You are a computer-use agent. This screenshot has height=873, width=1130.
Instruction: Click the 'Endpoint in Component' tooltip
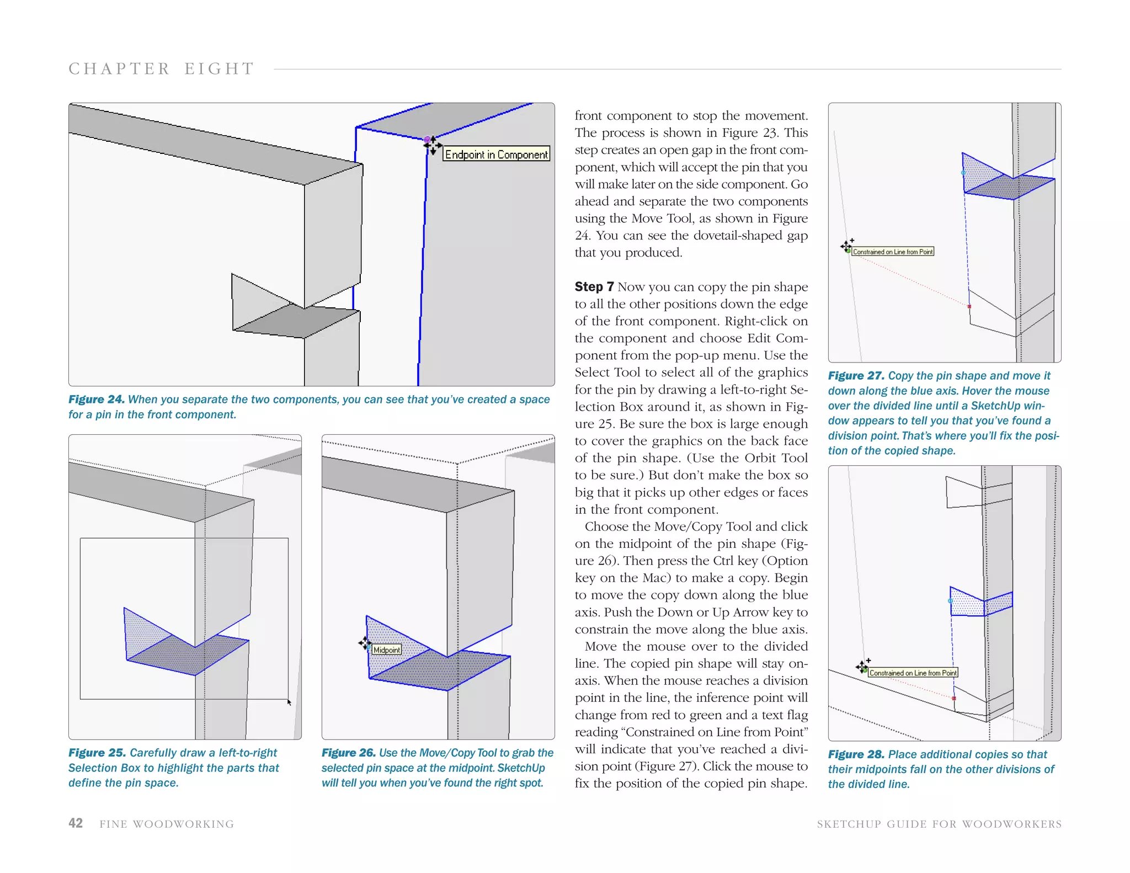[x=496, y=154]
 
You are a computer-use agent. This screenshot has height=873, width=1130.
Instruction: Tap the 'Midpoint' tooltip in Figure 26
[x=386, y=650]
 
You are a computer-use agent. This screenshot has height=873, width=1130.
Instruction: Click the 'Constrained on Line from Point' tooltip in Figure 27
[x=893, y=252]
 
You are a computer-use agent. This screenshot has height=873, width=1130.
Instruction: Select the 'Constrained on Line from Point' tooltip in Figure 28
[x=913, y=673]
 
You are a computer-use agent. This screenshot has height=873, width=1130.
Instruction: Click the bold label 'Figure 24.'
[x=96, y=400]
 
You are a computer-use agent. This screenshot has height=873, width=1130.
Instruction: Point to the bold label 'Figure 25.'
[x=97, y=753]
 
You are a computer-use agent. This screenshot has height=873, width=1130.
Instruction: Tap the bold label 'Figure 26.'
[x=349, y=753]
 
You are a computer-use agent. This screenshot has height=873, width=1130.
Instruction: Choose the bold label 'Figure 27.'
[x=856, y=376]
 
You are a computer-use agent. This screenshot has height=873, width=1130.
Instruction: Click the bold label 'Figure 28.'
[x=856, y=754]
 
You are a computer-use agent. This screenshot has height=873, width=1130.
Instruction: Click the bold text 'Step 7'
[x=594, y=287]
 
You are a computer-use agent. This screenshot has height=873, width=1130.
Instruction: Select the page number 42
[x=76, y=823]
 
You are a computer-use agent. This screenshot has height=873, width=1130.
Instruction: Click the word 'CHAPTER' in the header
[x=119, y=69]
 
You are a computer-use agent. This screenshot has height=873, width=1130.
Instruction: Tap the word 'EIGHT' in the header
[x=219, y=69]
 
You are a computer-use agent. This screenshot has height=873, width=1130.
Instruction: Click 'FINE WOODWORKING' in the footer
[x=167, y=824]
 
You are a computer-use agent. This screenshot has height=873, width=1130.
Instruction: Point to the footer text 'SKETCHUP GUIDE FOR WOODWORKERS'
[x=939, y=824]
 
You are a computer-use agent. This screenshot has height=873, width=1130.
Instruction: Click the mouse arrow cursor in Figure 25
[x=289, y=702]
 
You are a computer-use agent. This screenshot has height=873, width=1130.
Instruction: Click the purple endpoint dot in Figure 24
[x=427, y=139]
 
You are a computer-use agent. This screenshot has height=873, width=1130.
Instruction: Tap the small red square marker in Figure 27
[x=969, y=306]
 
